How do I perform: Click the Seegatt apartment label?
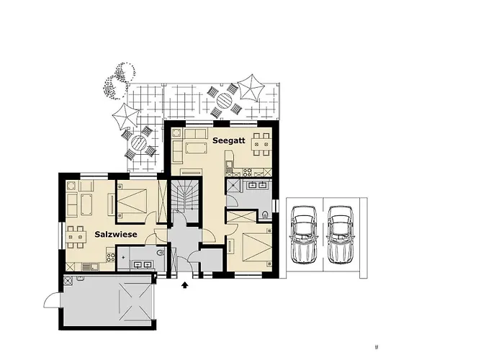[229, 140]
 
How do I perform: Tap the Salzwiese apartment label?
[116, 234]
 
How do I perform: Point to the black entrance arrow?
[185, 285]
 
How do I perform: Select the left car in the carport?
[304, 235]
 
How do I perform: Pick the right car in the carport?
[341, 235]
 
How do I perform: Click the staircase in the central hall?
[185, 196]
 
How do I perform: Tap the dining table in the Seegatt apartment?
[261, 144]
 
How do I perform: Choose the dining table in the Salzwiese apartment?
[76, 237]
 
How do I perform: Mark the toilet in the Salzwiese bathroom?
[161, 253]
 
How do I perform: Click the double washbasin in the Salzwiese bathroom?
[143, 264]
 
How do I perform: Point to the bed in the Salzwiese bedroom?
[132, 201]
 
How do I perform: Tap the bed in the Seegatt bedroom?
[258, 247]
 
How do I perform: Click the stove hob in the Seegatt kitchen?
[247, 172]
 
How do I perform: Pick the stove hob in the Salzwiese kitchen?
[111, 256]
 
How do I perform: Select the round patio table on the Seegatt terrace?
[225, 101]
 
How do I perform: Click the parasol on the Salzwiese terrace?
[126, 117]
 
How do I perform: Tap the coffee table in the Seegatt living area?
[196, 149]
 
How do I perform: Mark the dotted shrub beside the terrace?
[118, 80]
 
